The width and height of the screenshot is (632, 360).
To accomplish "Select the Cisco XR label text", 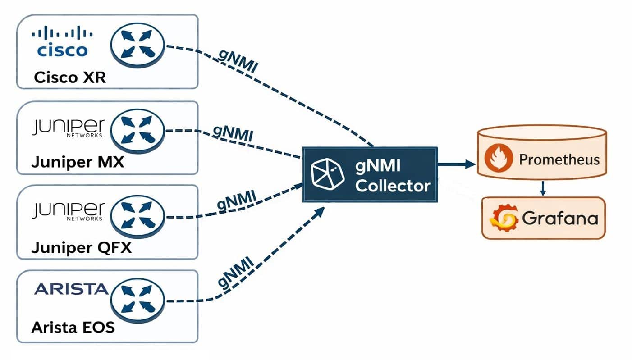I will tap(70, 77).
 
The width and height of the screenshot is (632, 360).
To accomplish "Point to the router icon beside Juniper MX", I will tap(138, 131).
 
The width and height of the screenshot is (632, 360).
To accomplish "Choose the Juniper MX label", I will tap(77, 162).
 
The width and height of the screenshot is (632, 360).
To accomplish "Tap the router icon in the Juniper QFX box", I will tap(138, 216).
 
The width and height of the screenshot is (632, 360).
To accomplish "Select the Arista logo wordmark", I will tap(71, 289).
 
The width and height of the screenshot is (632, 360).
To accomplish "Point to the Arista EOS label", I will tap(73, 327).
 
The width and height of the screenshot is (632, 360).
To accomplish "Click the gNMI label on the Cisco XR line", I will tap(238, 59).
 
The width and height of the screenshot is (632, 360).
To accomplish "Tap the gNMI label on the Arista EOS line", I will tap(235, 273).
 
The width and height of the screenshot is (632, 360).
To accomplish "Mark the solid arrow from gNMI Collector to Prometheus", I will tap(456, 164).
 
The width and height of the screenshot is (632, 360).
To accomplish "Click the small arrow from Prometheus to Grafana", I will tap(543, 188).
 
